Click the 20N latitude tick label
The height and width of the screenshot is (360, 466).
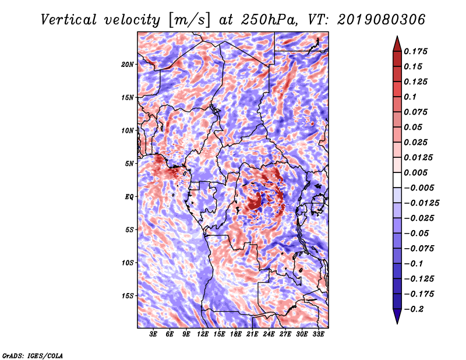point(128,65)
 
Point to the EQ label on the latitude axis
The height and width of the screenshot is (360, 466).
point(129,197)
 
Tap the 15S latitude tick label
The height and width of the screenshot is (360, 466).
point(128,296)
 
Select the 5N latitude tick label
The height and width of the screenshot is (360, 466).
point(129,164)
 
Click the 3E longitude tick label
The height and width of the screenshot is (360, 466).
point(153,334)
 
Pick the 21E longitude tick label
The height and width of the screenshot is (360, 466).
point(252,334)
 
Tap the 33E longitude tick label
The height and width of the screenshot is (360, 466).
point(318,334)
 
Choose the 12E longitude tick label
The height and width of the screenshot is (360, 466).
point(202,334)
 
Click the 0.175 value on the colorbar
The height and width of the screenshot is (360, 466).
point(415,51)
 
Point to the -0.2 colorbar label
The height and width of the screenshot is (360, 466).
point(414,309)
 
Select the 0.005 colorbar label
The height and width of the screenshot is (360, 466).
point(415,172)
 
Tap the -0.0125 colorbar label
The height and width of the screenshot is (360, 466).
point(421,203)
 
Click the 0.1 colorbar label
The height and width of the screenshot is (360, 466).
point(410,97)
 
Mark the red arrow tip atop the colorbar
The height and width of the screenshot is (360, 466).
point(397,36)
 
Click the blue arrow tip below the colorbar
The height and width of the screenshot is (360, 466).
point(397,323)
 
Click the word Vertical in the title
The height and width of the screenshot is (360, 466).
point(69,20)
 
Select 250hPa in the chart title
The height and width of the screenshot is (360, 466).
point(269,20)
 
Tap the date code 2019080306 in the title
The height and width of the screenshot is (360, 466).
point(381,20)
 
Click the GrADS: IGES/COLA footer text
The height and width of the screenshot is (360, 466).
point(33,356)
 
